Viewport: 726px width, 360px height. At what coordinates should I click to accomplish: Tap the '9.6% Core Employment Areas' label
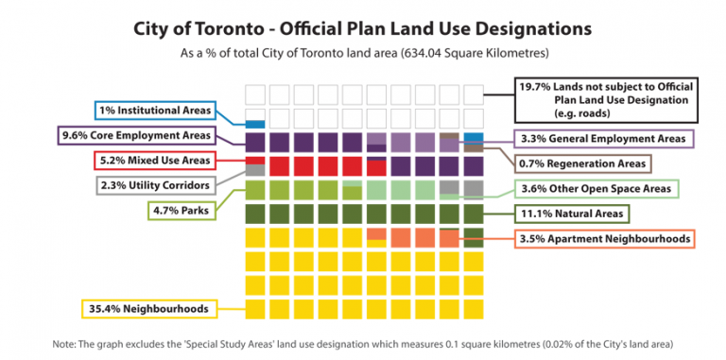pos(137,135)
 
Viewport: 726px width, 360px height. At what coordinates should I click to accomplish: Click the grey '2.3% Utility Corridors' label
pos(155,185)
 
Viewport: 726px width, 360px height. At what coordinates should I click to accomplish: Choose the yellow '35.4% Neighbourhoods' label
pos(147,308)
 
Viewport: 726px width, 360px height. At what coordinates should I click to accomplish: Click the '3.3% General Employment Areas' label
pos(602,139)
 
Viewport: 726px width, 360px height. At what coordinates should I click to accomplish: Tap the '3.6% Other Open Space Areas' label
pos(596,189)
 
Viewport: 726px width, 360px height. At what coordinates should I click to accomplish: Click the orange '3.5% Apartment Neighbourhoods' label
pos(604,239)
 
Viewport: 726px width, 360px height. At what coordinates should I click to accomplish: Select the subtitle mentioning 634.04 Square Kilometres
pos(363,54)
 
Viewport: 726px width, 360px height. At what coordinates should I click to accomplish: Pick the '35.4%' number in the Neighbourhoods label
pos(101,308)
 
